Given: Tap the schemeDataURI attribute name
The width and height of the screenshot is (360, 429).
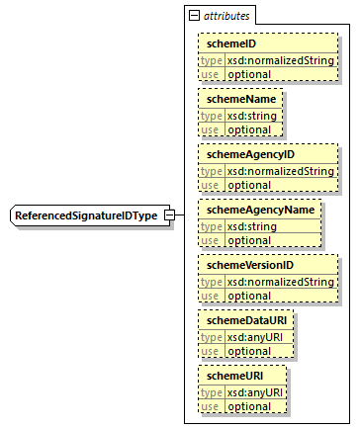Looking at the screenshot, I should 243,321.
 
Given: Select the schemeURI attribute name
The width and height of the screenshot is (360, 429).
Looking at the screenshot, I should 232,377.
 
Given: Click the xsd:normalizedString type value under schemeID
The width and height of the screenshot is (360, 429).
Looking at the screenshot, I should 281,59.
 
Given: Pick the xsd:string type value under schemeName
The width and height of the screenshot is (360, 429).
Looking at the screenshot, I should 252,115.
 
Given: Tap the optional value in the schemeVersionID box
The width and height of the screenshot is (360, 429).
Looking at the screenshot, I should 248,296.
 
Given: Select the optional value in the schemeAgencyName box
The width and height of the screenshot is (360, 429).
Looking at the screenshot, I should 248,240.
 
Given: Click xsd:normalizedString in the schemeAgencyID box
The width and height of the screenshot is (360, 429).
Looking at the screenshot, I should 281,170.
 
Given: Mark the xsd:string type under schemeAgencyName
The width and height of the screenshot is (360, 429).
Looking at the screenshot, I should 252,225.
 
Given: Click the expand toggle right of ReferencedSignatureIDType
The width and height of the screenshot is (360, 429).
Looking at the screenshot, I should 169,215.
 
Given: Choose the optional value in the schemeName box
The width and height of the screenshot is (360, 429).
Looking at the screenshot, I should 248,129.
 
